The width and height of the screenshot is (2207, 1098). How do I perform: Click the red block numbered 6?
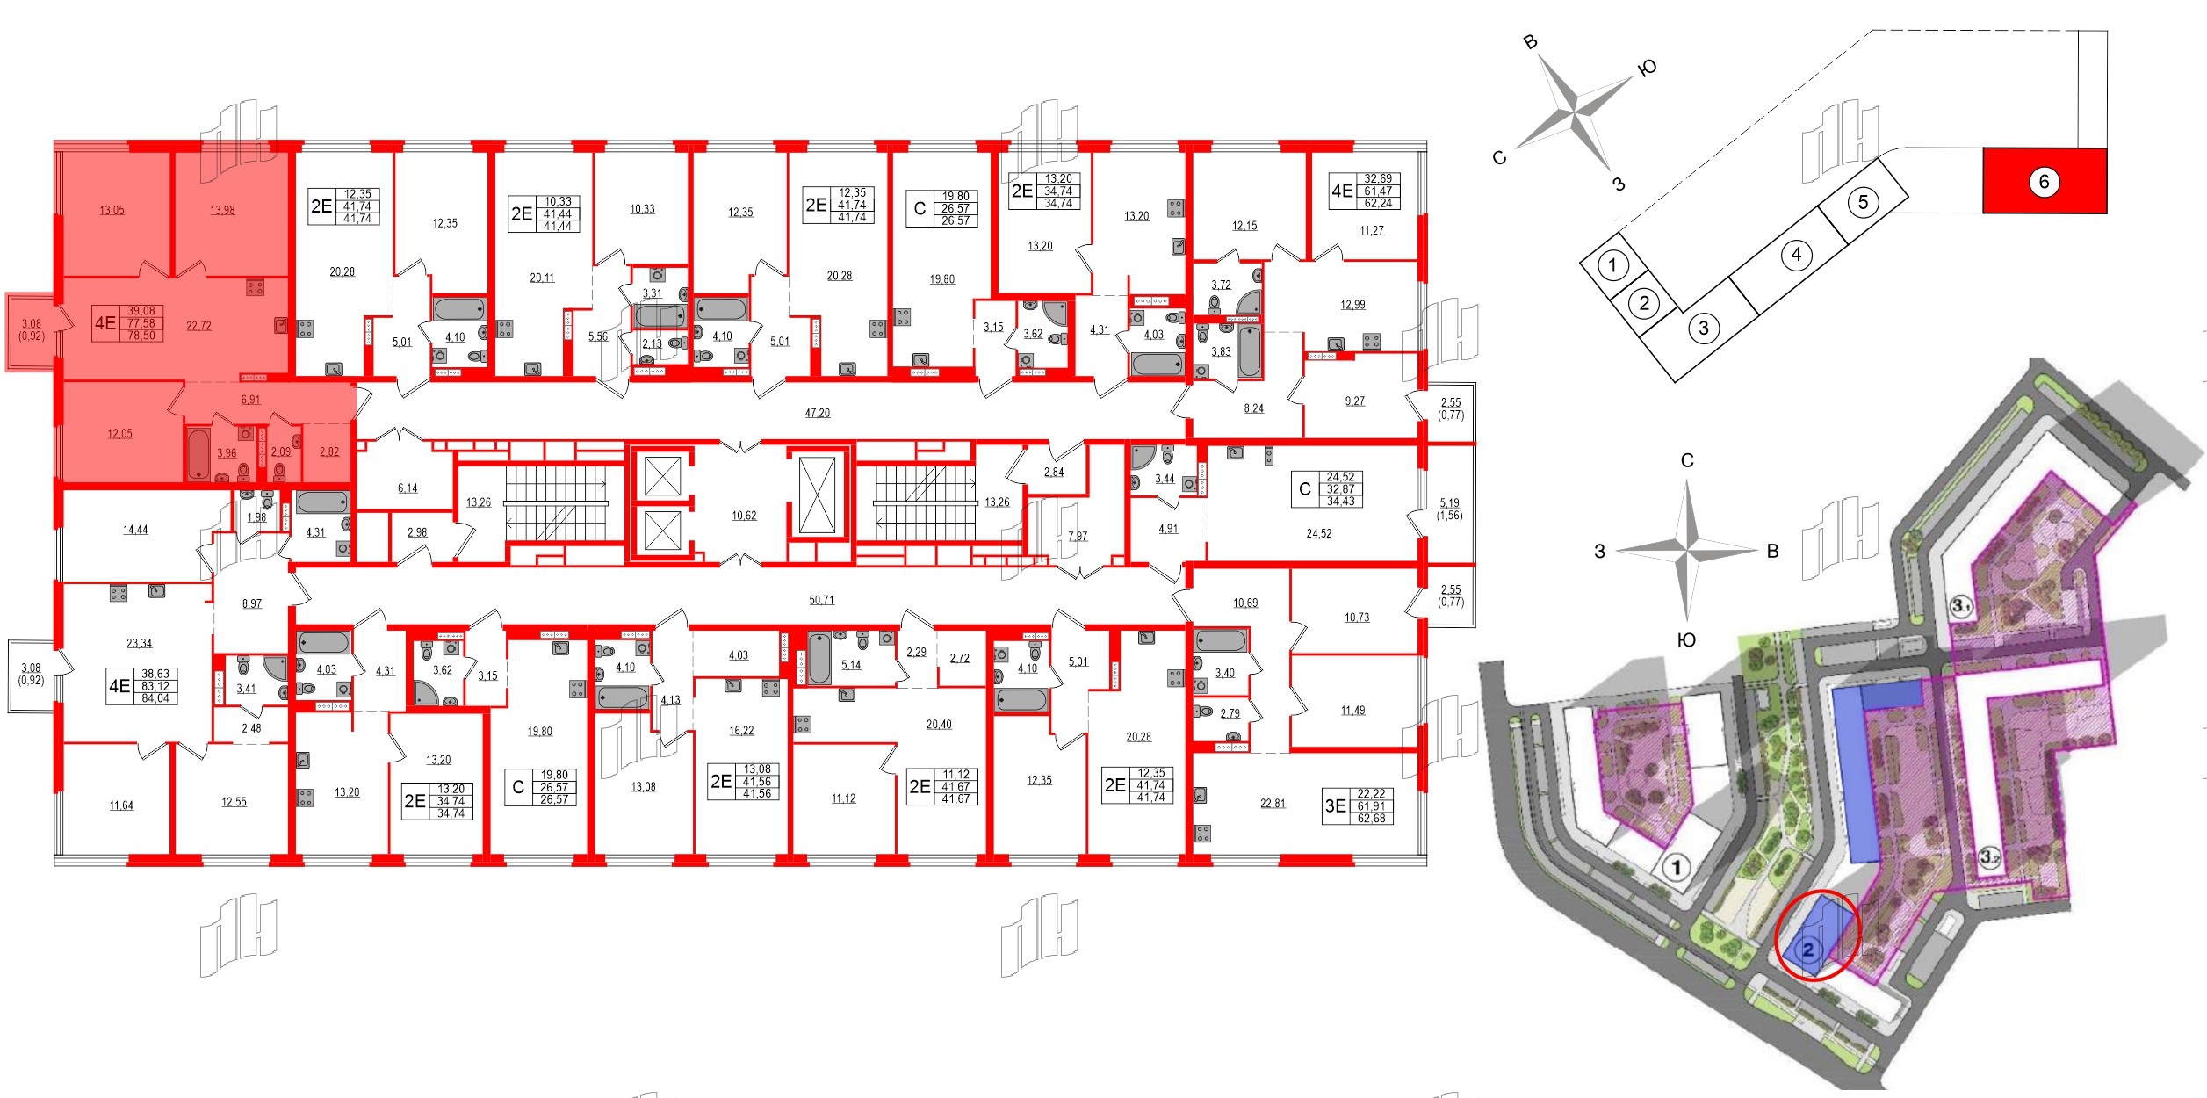coord(2044,182)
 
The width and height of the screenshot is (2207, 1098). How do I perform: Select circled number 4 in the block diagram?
coord(1796,255)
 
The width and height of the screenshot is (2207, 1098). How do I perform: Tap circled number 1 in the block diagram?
coord(1612,264)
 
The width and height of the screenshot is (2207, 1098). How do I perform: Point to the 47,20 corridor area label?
coord(818,413)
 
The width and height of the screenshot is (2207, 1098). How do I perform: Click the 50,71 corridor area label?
coord(822,600)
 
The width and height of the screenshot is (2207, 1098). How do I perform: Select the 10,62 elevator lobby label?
coord(744,516)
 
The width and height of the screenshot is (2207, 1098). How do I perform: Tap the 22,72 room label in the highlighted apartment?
coord(199,326)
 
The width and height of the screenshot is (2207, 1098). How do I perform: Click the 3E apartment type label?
coord(1335,806)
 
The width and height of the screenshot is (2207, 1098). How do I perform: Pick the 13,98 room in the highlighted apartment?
coord(222,211)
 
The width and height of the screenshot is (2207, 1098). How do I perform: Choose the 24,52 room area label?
coord(1319,533)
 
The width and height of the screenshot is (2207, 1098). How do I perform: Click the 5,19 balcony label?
coord(1449,503)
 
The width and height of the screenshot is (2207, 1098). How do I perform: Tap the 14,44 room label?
coord(135,530)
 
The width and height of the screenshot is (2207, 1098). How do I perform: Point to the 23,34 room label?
coord(139,643)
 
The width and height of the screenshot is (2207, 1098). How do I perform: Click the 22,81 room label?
coord(1273,803)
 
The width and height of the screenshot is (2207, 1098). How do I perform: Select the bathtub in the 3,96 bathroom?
coord(199,453)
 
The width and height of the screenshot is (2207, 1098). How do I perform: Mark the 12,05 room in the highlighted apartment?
coord(119,434)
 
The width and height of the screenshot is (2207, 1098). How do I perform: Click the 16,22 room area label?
coord(741,730)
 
